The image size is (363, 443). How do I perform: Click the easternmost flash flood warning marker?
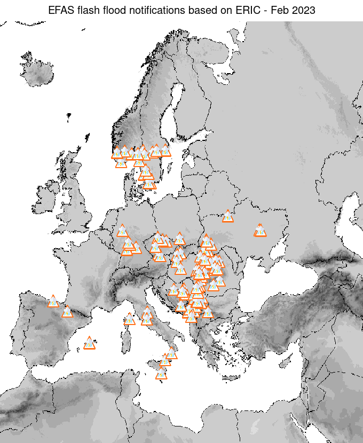click(260, 231)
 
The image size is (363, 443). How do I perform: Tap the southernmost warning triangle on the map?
click(161, 374)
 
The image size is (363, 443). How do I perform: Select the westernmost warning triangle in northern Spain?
click(53, 302)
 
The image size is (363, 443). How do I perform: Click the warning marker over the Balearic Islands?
click(89, 343)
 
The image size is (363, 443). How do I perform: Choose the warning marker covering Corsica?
click(130, 319)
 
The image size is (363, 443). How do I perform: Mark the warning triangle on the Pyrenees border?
click(67, 312)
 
